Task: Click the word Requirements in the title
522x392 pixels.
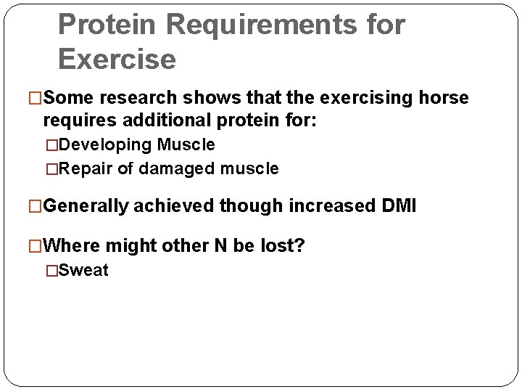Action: pyautogui.click(x=265, y=25)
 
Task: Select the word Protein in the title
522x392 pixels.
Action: pyautogui.click(x=108, y=25)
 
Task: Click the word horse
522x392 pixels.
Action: pyautogui.click(x=444, y=97)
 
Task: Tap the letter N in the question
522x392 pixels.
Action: pyautogui.click(x=220, y=246)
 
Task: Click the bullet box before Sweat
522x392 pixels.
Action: pyautogui.click(x=51, y=271)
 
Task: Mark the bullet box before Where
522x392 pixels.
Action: pyautogui.click(x=37, y=246)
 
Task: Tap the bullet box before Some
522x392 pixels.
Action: pyautogui.click(x=37, y=97)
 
